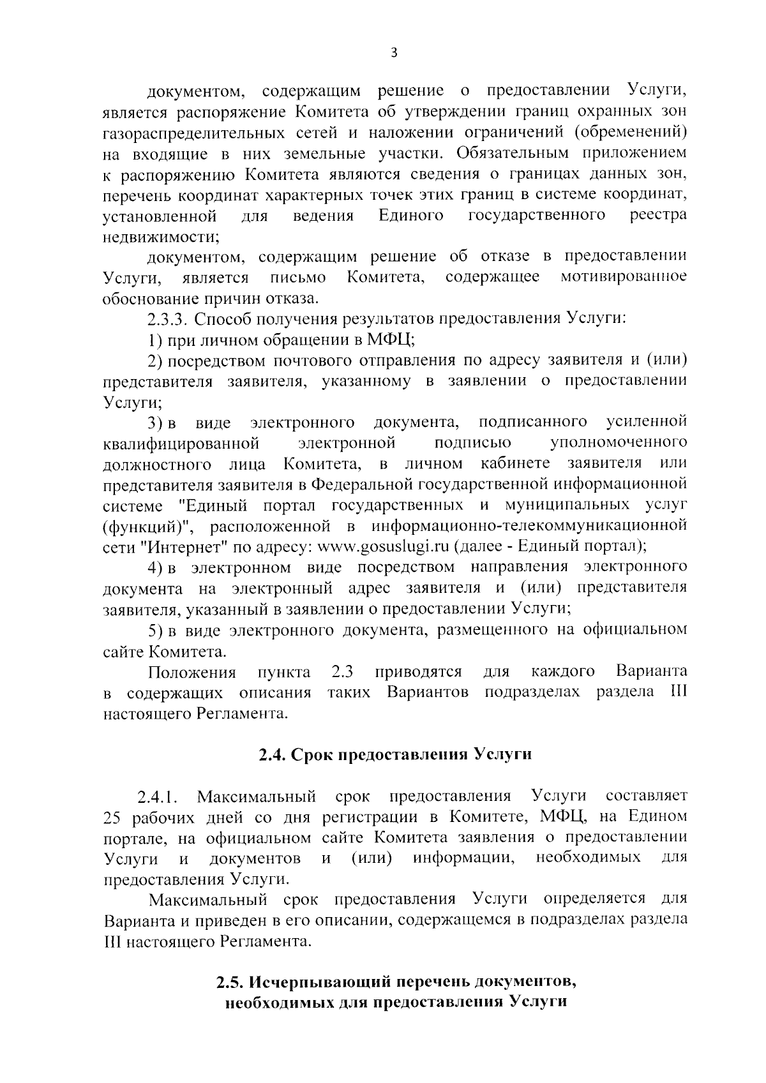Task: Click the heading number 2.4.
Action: pyautogui.click(x=273, y=755)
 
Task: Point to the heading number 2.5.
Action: pyautogui.click(x=229, y=981)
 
